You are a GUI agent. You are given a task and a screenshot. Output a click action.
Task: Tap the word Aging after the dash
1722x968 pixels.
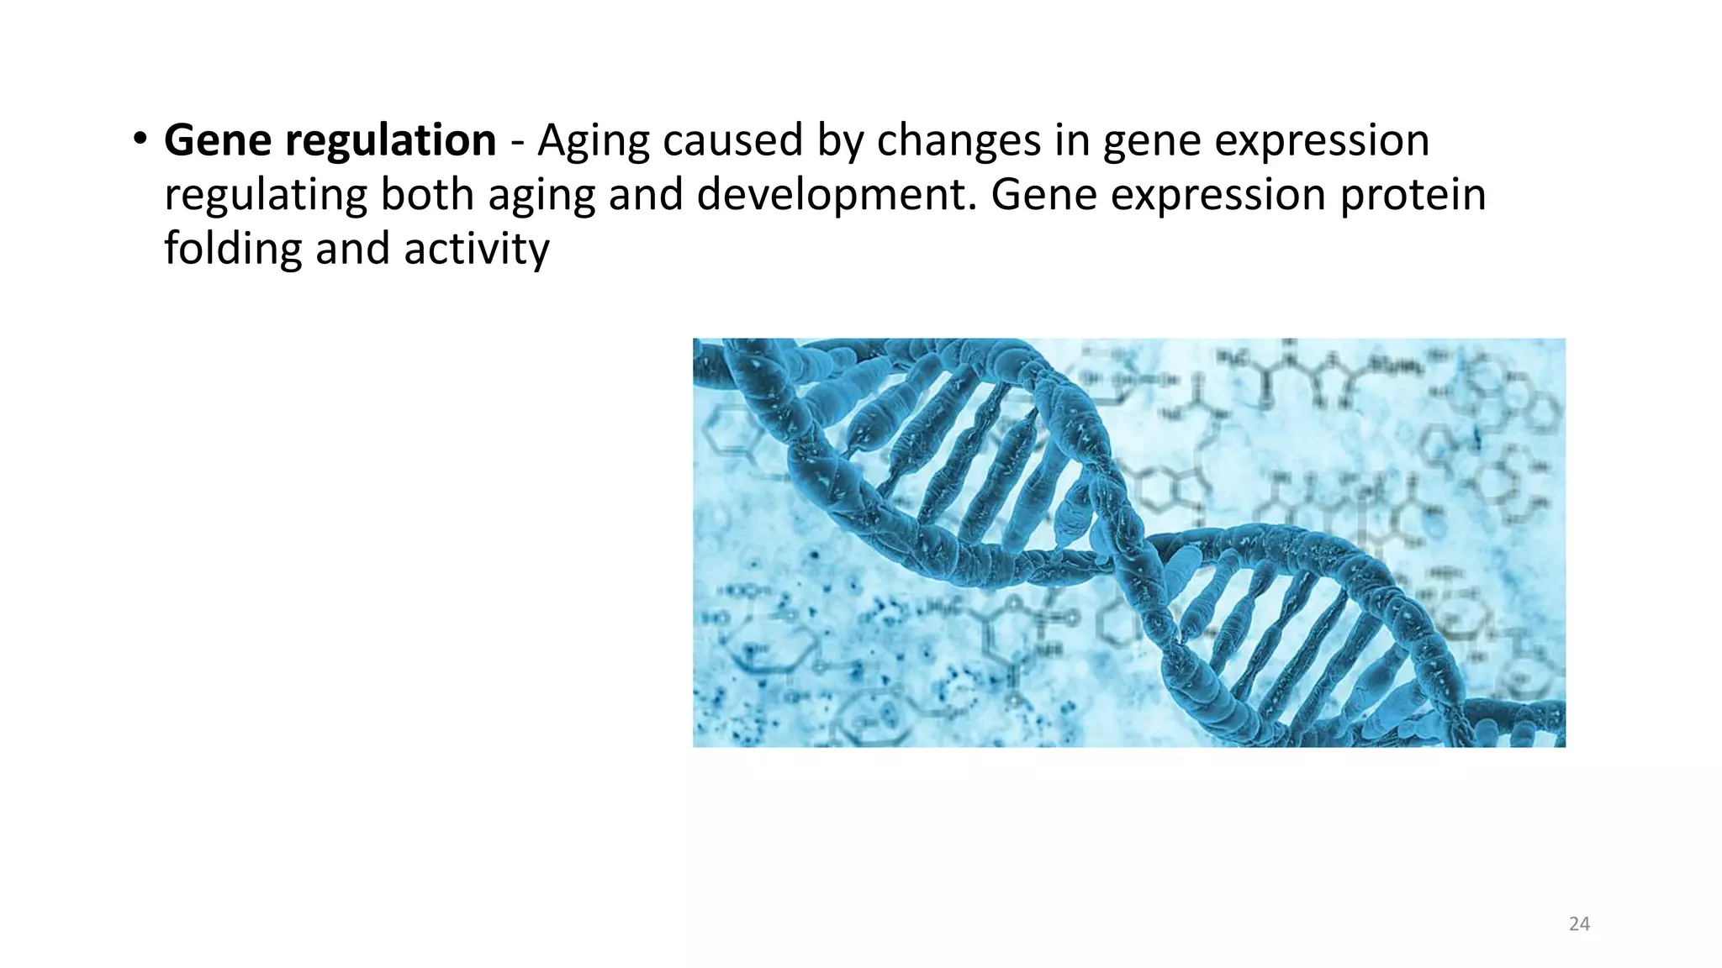click(x=593, y=140)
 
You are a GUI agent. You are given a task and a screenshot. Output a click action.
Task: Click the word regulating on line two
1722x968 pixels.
click(x=265, y=196)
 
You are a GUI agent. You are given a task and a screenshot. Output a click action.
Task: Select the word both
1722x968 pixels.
click(x=426, y=194)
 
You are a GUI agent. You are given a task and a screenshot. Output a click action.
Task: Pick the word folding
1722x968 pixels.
click(x=232, y=250)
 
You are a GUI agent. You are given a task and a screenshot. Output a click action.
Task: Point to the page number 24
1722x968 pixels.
click(x=1579, y=924)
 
